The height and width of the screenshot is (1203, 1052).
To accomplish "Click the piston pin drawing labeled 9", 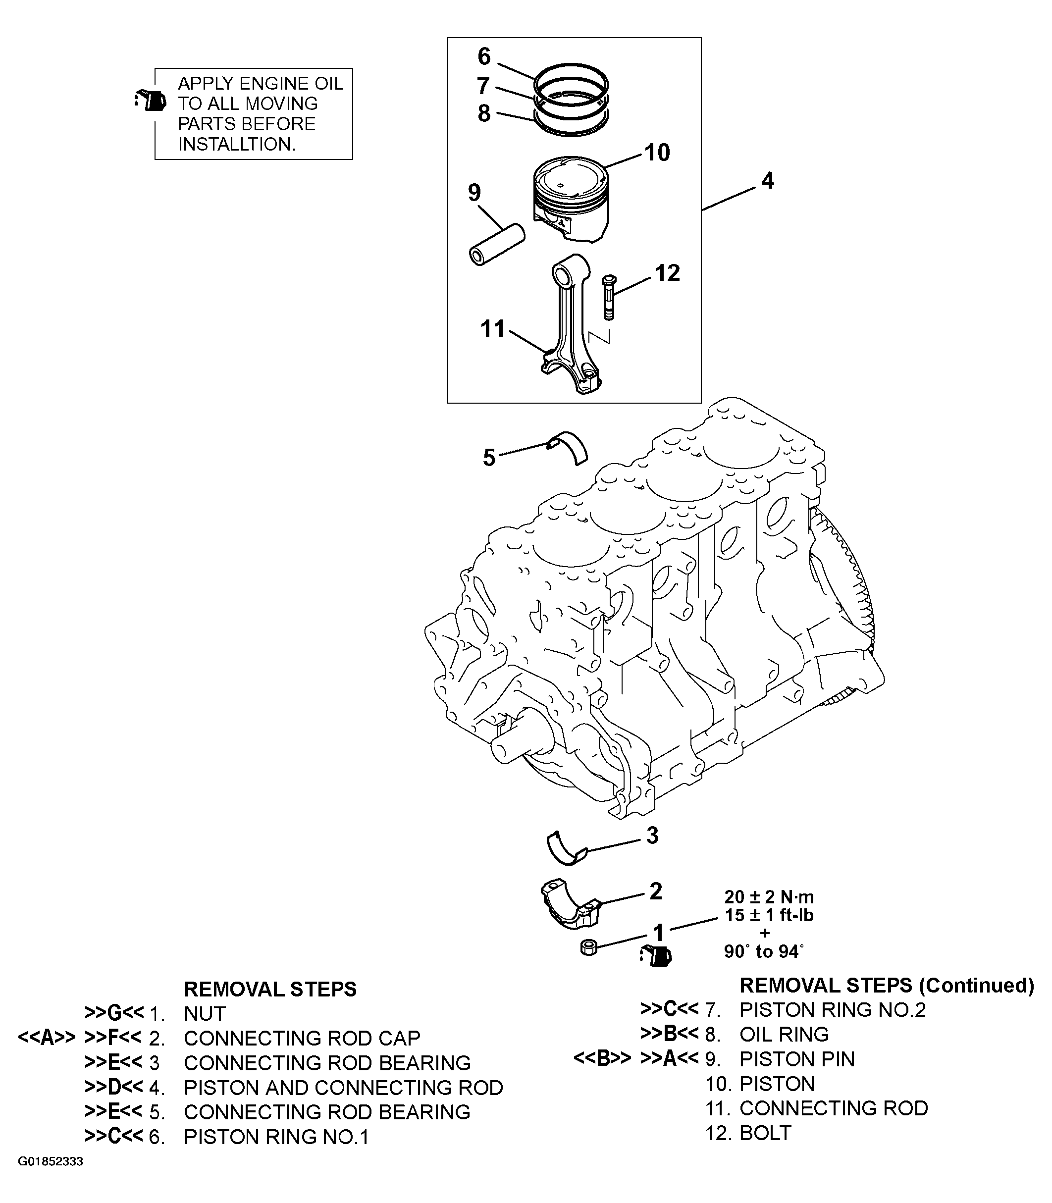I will [497, 245].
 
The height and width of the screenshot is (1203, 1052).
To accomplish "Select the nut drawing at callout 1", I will [589, 947].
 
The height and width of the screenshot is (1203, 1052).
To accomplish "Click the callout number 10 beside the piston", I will [657, 153].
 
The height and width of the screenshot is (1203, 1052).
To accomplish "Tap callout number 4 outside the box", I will [767, 181].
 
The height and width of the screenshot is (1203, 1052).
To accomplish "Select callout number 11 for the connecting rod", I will [492, 329].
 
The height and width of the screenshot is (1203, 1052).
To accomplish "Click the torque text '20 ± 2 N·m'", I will [769, 897].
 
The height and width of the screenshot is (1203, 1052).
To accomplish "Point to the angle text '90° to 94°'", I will [764, 952].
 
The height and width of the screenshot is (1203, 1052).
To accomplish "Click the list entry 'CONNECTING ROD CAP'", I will [302, 1038].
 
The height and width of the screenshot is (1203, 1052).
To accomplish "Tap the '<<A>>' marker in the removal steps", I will [47, 1038].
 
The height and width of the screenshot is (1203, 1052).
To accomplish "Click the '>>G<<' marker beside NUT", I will [114, 1013].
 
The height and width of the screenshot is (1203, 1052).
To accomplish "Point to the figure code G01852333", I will [51, 1162].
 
